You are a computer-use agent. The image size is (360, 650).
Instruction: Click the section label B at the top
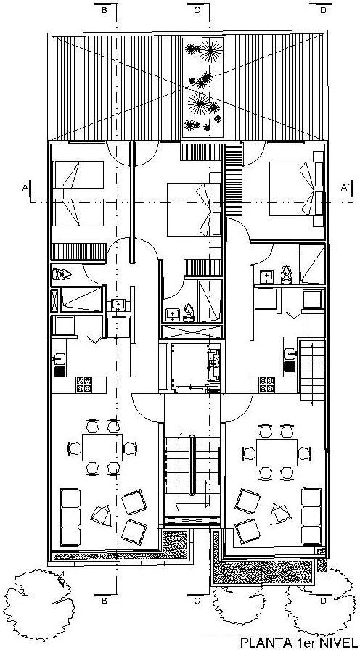pos(104,11)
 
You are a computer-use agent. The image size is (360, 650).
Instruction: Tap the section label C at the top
pos(197,11)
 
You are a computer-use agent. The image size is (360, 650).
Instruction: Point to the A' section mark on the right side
pos(344,188)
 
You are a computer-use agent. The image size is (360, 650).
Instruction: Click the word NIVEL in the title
pos(339,643)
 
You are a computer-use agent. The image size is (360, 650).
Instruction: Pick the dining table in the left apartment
pos(102,448)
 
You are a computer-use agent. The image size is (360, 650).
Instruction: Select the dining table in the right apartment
pos(277,452)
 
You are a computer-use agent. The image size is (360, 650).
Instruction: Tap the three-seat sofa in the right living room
pos(311,516)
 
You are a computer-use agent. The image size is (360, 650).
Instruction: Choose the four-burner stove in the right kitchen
pos(266,384)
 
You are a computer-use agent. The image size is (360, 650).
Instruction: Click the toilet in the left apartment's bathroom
pos(62,274)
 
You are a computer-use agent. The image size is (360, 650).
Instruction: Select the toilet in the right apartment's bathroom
pos(287,274)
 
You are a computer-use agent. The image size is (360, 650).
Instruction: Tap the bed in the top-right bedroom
pos(296,189)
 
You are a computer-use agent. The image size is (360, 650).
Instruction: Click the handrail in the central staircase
pos(192,465)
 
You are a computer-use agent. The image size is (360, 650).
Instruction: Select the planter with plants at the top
pos(203,89)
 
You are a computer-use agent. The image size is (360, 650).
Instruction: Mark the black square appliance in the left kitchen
pos(60,371)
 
